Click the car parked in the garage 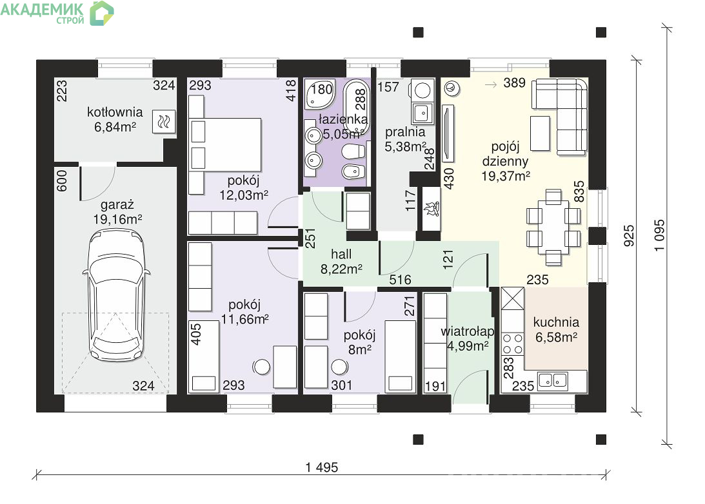(x=117, y=296)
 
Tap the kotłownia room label (x=115, y=112)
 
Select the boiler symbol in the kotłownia (x=164, y=121)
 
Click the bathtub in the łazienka (x=357, y=105)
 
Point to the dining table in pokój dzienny (x=553, y=227)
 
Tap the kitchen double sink (x=553, y=380)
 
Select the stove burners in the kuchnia (x=513, y=344)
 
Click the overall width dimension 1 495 (x=321, y=467)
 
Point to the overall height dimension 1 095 (x=659, y=235)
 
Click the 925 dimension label (x=629, y=235)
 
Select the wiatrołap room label (x=468, y=331)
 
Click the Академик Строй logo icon (x=102, y=13)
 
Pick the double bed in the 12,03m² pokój (x=225, y=144)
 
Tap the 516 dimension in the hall (x=400, y=280)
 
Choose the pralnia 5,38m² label (x=406, y=139)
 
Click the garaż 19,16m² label (x=117, y=212)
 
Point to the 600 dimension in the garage (x=61, y=180)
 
